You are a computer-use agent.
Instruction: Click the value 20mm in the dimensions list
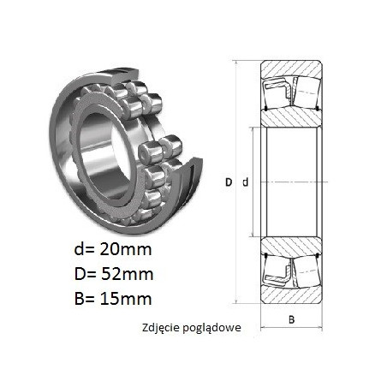(x=126, y=249)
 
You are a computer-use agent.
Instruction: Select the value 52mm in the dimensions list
(x=128, y=274)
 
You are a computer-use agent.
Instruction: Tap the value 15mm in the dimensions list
(x=126, y=299)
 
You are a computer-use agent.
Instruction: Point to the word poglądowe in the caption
(x=211, y=328)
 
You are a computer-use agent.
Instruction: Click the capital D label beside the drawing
(x=229, y=182)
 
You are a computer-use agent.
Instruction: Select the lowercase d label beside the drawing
(x=245, y=182)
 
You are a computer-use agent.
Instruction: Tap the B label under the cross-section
(x=291, y=319)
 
